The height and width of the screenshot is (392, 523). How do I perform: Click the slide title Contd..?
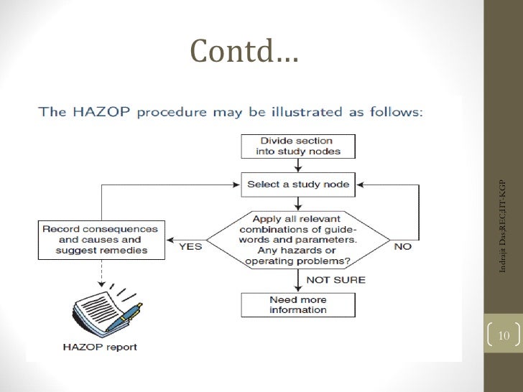[x=244, y=50]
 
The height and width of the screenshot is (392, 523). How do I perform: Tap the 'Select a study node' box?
[x=297, y=185]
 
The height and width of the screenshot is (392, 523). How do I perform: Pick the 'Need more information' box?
[x=297, y=304]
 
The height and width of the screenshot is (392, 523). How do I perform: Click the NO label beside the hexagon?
[x=403, y=245]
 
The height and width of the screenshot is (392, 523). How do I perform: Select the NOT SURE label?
[x=336, y=279]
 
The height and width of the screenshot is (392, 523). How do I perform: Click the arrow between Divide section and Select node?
[x=297, y=165]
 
